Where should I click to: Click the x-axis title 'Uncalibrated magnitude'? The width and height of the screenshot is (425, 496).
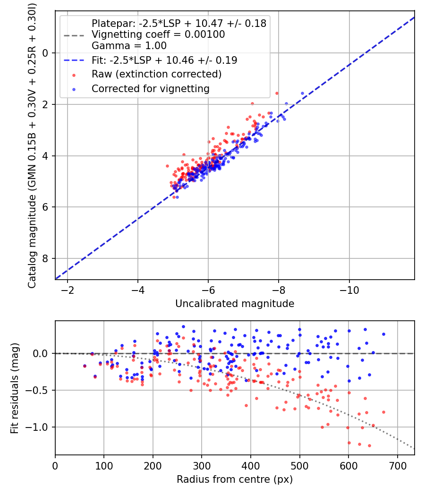(235, 304)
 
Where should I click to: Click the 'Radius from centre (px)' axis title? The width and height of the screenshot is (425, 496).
(235, 479)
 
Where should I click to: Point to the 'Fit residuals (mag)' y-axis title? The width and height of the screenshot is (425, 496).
(15, 388)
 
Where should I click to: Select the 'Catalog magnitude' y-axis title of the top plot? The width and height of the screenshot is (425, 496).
(32, 145)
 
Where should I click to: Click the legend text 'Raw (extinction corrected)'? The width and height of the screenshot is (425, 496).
(156, 74)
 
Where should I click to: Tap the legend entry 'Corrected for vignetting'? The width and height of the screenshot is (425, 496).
(150, 88)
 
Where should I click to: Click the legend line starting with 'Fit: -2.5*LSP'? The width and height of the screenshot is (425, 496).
(164, 60)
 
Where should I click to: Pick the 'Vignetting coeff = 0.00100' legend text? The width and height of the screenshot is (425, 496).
(158, 34)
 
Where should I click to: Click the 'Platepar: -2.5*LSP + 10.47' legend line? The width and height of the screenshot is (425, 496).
(179, 23)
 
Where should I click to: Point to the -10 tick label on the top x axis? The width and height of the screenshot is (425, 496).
(349, 289)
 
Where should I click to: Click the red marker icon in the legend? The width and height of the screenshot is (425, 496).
(73, 74)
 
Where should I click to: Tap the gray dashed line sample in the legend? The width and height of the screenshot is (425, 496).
(73, 34)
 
